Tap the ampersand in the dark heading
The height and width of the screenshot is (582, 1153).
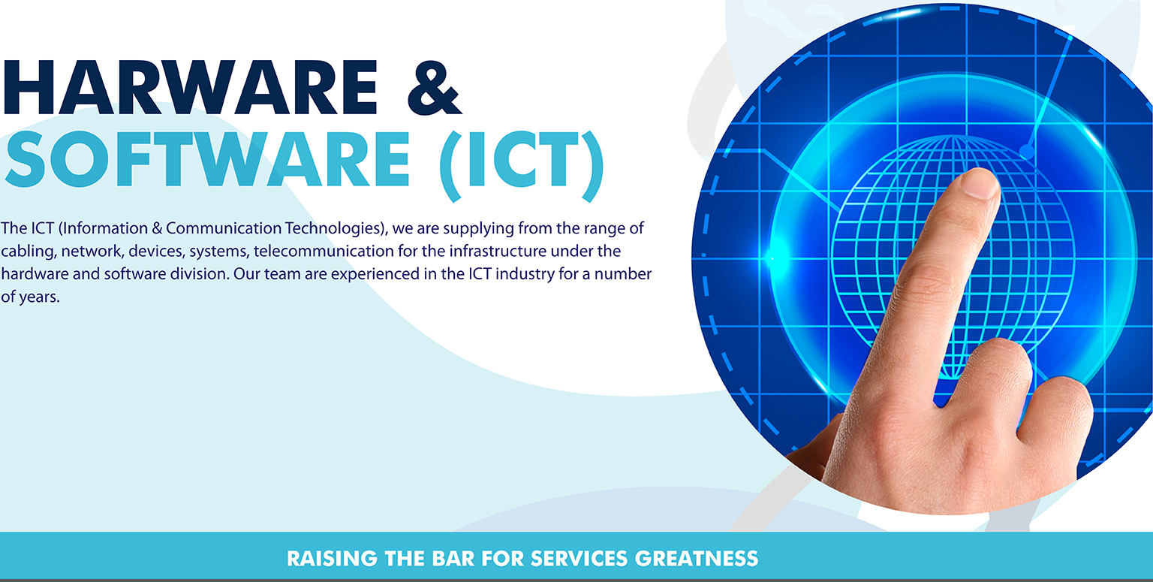click(434, 88)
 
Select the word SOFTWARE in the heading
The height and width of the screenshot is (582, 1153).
click(207, 159)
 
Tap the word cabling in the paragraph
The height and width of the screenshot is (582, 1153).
click(29, 252)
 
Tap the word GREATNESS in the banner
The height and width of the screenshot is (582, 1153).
click(697, 559)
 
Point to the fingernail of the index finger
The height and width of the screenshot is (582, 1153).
click(980, 184)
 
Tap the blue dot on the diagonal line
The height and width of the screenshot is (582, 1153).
click(1027, 152)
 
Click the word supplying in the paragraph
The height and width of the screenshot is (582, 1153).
click(479, 229)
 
